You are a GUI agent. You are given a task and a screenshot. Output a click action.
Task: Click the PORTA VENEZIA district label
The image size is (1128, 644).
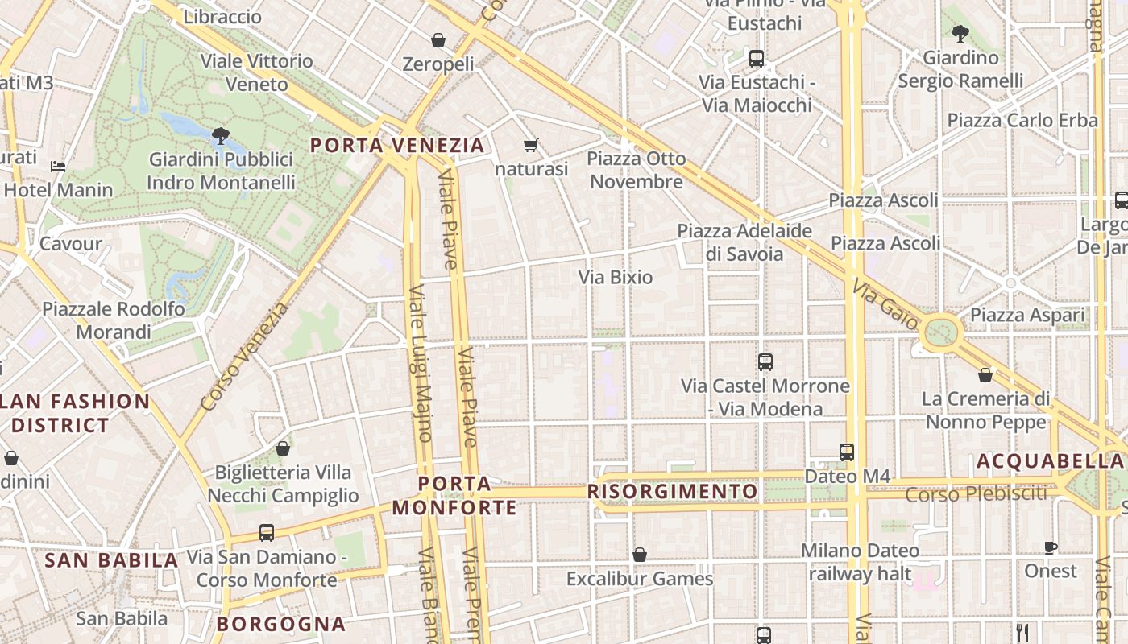[x=397, y=146]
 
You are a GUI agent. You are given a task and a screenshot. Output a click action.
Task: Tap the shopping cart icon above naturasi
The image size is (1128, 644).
[x=530, y=145]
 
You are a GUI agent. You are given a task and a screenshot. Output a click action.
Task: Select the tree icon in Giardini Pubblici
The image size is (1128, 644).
[x=220, y=135]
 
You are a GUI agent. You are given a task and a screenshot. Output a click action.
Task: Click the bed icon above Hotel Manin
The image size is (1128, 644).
[x=58, y=166]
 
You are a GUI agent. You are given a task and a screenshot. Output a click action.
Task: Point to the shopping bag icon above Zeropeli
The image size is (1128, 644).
[x=438, y=40]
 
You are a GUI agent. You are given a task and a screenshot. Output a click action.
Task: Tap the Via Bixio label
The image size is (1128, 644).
[x=616, y=277]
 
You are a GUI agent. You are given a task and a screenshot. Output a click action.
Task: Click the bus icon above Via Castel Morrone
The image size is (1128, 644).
[x=765, y=362]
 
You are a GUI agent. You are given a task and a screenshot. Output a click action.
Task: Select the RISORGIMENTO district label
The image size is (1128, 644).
[x=673, y=492]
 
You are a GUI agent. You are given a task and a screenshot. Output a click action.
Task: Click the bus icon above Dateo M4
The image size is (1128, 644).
[x=847, y=452]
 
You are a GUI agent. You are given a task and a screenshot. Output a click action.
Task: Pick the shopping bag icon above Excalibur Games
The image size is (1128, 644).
[x=640, y=555]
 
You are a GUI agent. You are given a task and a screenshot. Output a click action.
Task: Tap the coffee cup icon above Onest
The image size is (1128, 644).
[x=1051, y=547]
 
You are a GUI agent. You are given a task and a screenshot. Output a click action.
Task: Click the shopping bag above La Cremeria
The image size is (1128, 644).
[x=985, y=375]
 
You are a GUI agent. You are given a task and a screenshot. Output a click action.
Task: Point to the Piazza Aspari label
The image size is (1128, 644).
[x=1027, y=316]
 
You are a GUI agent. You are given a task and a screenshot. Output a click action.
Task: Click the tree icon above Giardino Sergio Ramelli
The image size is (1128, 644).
[x=960, y=34]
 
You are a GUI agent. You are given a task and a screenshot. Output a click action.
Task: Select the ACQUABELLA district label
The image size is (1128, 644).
[x=1049, y=461]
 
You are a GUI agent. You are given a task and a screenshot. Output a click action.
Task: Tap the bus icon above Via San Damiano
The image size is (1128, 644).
[x=267, y=533]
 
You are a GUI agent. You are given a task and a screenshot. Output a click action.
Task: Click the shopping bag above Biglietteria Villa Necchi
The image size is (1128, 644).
[x=283, y=448]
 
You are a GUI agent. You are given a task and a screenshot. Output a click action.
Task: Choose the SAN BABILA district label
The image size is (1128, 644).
[x=111, y=560]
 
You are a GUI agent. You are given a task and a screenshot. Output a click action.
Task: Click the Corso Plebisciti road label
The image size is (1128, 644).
[x=976, y=494]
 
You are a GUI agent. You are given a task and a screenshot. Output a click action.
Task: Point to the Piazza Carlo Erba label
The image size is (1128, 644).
[x=1022, y=121]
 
